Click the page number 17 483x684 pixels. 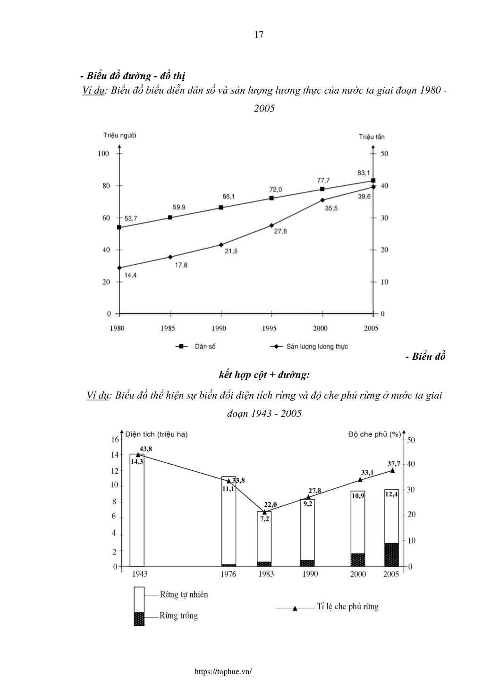point(259,35)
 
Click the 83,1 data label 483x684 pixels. point(364,173)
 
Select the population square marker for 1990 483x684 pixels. point(221,208)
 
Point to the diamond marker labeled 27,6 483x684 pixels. point(271,225)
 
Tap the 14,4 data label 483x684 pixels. point(130,275)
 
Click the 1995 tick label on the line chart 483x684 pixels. point(269,328)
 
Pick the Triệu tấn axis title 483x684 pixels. point(372,137)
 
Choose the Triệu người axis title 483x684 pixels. point(119,135)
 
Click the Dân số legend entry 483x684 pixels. point(195,346)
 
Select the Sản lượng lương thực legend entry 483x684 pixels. point(309,346)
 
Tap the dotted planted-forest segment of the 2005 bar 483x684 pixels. point(391,555)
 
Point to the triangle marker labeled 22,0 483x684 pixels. point(264,512)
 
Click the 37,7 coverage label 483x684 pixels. point(394,464)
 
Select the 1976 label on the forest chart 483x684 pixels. point(229,574)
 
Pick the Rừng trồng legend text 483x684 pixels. point(178,615)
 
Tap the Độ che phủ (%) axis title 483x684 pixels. point(374,434)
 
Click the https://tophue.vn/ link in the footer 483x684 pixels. point(223,671)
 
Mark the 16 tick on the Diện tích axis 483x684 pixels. point(115,440)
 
